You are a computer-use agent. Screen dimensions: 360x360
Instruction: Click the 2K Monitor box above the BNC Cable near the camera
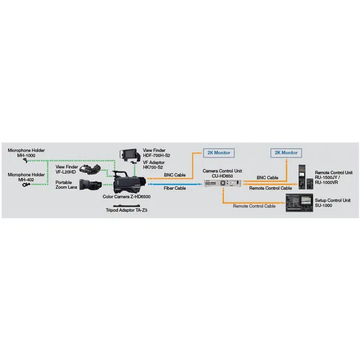coord(218,153)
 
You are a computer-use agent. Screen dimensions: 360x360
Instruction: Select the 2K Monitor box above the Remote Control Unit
coord(286,153)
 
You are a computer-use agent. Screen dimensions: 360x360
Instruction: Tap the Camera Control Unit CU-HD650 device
coord(223,183)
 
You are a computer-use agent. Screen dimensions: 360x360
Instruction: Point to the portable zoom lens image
coord(91,185)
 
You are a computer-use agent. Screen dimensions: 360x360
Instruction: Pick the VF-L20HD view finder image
coord(90,169)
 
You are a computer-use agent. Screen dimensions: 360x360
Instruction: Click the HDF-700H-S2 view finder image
coord(130,155)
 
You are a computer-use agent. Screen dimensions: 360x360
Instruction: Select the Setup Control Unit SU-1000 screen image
coord(299,203)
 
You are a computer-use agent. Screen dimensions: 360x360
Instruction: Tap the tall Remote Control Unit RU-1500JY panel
coord(302,177)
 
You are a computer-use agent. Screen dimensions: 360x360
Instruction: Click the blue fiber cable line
coord(175,184)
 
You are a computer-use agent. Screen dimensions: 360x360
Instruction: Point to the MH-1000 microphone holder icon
coord(26,160)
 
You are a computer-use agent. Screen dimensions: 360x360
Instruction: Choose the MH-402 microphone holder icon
coord(26,185)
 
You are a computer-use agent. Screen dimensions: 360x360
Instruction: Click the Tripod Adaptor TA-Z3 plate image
coord(127,206)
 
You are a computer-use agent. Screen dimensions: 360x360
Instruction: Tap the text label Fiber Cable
coord(175,188)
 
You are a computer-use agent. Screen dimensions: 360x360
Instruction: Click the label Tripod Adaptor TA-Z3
coord(127,211)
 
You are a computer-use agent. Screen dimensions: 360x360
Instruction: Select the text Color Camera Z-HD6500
coord(127,197)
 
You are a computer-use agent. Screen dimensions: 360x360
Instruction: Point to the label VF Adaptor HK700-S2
coord(154,165)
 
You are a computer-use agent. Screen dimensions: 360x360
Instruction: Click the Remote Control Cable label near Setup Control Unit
coord(254,206)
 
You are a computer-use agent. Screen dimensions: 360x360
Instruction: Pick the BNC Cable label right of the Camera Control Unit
coord(267,178)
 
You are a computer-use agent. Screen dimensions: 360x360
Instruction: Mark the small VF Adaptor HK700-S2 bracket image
coord(133,163)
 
